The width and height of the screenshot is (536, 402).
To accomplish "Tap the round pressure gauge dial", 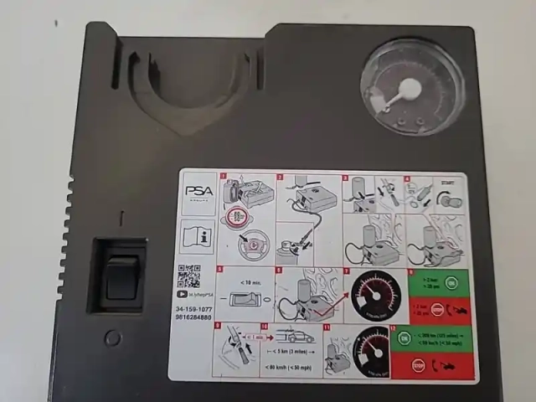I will (x=412, y=87).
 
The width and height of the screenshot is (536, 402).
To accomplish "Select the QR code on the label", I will (x=188, y=276).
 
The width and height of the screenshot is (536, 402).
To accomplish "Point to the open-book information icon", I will (x=198, y=237).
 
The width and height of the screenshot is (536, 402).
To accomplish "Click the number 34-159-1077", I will (x=194, y=309).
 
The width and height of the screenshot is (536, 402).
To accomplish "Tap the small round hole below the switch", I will (x=112, y=338).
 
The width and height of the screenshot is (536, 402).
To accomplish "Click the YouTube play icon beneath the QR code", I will (x=182, y=294).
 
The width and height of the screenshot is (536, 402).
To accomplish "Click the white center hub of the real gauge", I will (x=410, y=90).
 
